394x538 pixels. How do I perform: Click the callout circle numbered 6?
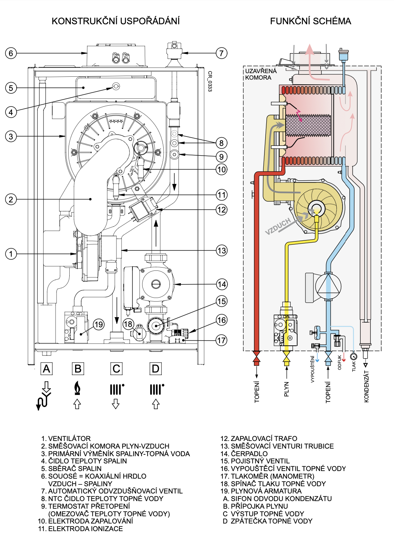point(11,53)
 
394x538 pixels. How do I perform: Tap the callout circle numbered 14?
point(222,284)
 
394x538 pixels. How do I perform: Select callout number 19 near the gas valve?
point(99,324)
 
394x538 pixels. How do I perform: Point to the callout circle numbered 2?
point(11,199)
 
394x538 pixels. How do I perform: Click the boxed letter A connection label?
point(46,369)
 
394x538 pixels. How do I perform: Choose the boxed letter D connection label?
point(155,369)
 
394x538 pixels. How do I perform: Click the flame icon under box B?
point(77,388)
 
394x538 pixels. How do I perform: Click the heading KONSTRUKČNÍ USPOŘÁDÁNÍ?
point(116,21)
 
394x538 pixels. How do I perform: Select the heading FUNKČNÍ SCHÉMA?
point(311,21)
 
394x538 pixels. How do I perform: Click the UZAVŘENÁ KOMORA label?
point(260,74)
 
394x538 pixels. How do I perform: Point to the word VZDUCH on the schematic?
point(278,227)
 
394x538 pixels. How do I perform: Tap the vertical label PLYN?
point(287,389)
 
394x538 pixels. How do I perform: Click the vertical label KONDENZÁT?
point(366,387)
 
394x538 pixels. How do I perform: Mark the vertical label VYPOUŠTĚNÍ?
point(312,369)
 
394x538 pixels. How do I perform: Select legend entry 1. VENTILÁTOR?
point(66,438)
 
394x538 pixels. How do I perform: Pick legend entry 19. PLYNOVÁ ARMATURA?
point(261,491)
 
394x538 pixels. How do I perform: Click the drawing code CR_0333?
point(210,81)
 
